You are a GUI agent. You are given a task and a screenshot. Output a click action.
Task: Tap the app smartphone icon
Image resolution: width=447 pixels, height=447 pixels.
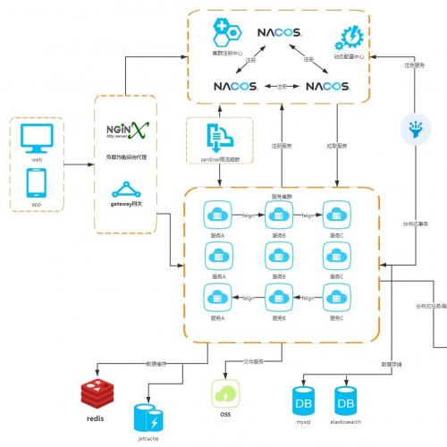tap(38, 183)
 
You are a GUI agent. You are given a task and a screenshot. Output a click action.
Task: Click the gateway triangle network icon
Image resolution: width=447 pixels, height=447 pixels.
tap(125, 190)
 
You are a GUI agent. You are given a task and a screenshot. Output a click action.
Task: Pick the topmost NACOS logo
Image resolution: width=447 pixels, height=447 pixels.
tap(280, 33)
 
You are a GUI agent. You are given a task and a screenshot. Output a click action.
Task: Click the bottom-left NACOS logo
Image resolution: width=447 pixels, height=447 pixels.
tap(236, 87)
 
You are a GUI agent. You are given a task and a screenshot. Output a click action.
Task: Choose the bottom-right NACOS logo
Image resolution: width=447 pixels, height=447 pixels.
tap(327, 87)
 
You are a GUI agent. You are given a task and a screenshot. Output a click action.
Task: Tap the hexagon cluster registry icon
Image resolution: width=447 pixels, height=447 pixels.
tap(225, 34)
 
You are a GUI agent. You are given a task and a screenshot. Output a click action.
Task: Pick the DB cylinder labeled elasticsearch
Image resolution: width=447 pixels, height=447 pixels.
tap(346, 398)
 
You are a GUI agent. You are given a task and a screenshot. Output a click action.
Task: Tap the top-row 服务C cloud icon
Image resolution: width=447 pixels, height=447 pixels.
tap(336, 215)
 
